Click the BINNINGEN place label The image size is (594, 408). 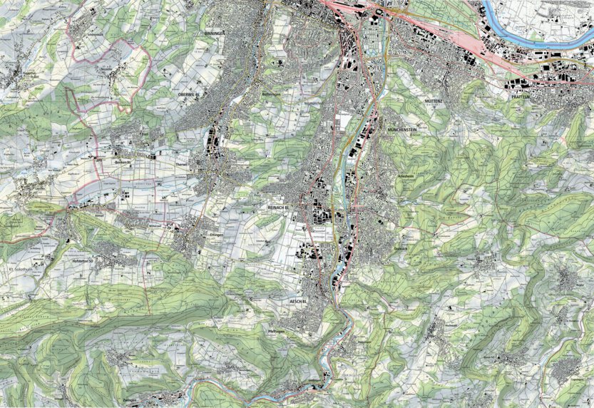[214, 34]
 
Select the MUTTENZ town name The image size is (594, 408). [436, 102]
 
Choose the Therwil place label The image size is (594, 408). [180, 163]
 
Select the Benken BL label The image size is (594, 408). [122, 161]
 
